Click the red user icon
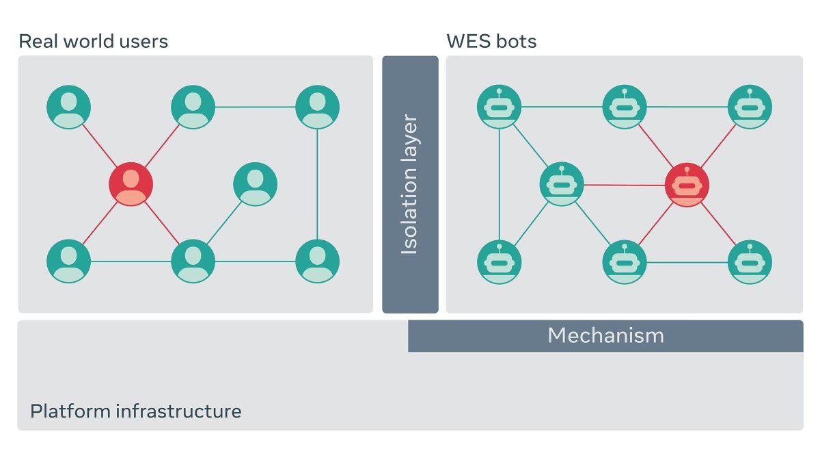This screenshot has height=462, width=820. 131,184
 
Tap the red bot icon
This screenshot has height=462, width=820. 687,185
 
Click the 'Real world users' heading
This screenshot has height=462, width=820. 93,41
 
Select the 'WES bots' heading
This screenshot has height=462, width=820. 491,41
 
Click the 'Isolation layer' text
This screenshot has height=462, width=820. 409,185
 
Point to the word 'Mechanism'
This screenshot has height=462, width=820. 605,335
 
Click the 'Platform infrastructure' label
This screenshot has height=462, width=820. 135,411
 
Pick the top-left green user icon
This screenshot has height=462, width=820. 68,107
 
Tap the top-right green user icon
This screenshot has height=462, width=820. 317,107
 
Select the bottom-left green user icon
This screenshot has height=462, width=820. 68,261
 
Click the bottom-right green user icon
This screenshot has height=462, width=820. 317,261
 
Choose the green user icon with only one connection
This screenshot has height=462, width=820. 255,184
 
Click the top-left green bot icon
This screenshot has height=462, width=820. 500,107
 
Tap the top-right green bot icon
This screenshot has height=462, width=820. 750,107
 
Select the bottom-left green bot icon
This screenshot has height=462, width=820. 500,262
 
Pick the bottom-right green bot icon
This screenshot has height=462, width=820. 750,262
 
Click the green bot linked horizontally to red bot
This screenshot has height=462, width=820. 562,185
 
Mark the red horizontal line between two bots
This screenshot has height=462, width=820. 624,185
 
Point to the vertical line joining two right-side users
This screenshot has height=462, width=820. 317,184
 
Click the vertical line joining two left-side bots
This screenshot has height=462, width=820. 500,184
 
